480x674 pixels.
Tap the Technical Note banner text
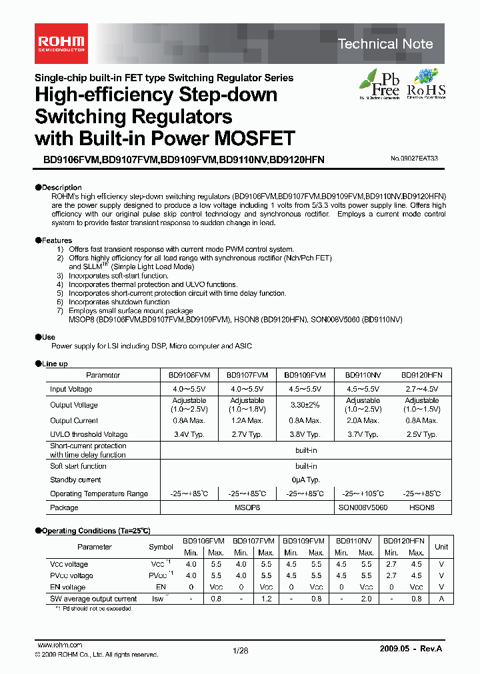tap(385, 44)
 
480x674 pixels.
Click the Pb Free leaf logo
tap(379, 84)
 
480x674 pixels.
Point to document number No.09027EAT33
tap(414, 159)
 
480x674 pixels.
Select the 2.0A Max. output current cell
tap(363, 421)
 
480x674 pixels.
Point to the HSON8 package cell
tap(421, 507)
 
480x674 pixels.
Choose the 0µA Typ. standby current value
tap(307, 480)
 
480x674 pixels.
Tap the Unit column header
tap(441, 547)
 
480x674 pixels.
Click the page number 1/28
tap(240, 651)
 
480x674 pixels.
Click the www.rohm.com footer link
tap(59, 645)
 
